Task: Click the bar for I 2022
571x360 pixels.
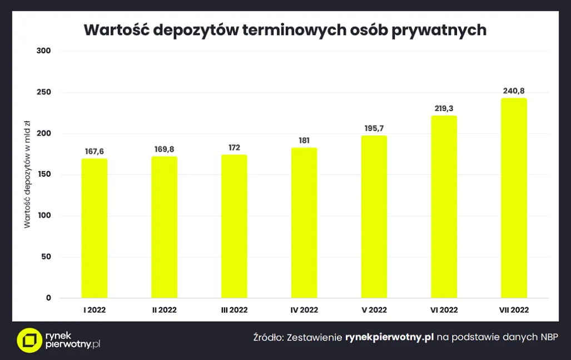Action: coord(95,228)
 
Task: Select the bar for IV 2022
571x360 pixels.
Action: coord(304,223)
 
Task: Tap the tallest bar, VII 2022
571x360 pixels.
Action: coord(514,198)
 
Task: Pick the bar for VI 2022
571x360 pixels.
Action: coord(444,207)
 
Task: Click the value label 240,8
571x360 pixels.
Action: coord(514,91)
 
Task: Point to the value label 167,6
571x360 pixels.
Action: coord(95,151)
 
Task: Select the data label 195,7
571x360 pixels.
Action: coord(374,128)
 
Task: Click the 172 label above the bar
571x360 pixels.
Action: coord(234,147)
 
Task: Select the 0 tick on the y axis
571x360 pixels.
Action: coord(48,298)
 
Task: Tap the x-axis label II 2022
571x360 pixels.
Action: coord(164,310)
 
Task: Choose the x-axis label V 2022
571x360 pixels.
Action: coord(374,310)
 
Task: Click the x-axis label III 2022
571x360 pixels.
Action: coord(234,310)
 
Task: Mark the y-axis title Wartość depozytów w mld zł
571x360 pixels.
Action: coord(27,175)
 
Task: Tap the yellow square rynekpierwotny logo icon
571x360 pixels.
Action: coord(29,340)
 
